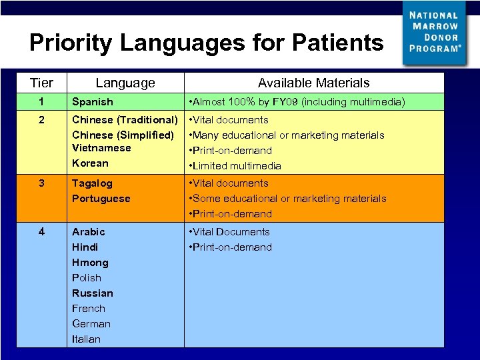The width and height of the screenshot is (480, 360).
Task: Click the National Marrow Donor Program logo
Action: tap(435, 32)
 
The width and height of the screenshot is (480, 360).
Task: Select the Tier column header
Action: tap(41, 83)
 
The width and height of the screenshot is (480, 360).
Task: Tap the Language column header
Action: tap(125, 83)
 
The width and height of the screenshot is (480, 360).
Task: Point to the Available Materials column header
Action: tap(313, 83)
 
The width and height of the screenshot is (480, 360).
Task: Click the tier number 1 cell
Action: tap(41, 102)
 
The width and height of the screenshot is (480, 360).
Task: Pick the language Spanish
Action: tap(93, 102)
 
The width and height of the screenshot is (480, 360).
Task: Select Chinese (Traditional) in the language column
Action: tap(125, 120)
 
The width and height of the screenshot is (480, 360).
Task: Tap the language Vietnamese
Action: tap(101, 148)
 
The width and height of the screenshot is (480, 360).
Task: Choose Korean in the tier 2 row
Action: tap(90, 163)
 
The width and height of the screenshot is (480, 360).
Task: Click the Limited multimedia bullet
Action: tap(236, 166)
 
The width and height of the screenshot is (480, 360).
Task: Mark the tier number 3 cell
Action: tap(41, 183)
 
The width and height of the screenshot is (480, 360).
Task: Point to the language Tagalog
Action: tap(93, 183)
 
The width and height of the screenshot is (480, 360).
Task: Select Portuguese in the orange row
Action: tap(101, 199)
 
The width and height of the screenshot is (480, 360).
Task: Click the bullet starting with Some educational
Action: tap(288, 199)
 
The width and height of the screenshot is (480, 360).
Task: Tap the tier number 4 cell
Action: tap(41, 232)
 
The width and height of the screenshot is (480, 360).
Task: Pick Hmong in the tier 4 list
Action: tap(90, 263)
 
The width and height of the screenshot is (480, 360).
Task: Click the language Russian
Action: tap(93, 293)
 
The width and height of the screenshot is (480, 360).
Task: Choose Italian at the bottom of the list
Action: tap(87, 339)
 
